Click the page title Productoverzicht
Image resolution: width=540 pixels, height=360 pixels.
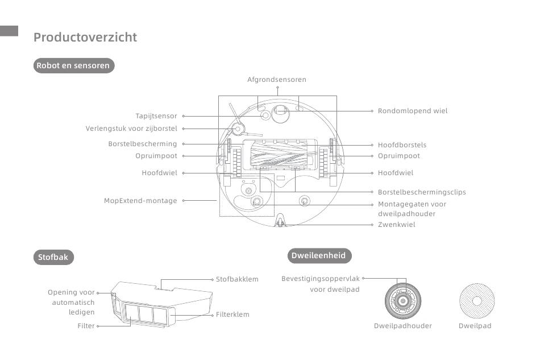tap(85, 37)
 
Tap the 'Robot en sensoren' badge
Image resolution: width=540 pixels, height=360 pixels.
tap(74, 65)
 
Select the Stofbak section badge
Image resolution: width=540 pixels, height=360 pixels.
tap(53, 257)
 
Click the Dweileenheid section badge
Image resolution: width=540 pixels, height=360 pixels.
tap(319, 255)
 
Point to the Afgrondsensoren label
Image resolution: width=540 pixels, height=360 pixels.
tap(277, 80)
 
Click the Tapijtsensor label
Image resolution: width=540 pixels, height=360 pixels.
tap(156, 116)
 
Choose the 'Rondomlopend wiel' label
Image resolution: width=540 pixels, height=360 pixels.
tap(413, 111)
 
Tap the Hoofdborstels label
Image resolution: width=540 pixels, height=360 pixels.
tap(402, 145)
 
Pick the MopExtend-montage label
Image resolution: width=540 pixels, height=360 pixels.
tap(140, 201)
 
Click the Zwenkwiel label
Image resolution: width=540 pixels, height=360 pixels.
tap(396, 225)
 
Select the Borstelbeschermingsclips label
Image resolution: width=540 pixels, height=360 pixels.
tap(422, 192)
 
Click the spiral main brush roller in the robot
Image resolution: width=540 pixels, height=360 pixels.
tap(280, 154)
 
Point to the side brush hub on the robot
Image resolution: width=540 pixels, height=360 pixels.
tap(237, 129)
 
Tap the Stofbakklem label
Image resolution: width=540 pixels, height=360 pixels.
tap(237, 279)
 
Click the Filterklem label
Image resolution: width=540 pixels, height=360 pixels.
tap(232, 315)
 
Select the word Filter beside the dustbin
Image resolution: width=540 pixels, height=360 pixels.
tap(86, 326)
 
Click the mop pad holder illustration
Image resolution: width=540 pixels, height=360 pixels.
tap(403, 301)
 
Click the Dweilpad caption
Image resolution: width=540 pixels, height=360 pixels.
tap(475, 326)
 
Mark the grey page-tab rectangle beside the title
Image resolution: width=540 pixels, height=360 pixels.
tap(9, 31)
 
